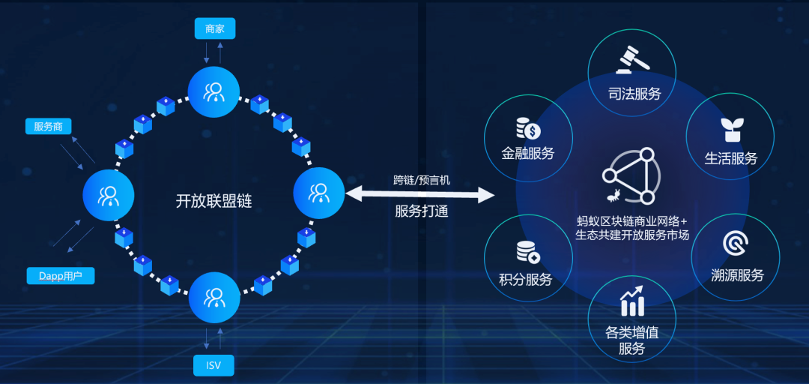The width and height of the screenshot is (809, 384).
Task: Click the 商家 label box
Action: click(215, 29)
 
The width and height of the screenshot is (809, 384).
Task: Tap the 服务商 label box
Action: click(49, 127)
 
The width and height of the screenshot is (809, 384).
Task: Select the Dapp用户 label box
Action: click(61, 276)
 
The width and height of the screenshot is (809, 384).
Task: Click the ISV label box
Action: click(213, 365)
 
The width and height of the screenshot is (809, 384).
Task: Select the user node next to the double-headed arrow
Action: click(319, 193)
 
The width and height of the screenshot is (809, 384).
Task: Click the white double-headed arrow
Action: click(420, 195)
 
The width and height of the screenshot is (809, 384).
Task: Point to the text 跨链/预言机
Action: click(422, 180)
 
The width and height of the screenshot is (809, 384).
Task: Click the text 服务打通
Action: click(422, 211)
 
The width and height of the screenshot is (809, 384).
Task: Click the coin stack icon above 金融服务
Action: click(528, 129)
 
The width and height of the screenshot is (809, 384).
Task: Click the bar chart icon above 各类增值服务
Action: click(632, 301)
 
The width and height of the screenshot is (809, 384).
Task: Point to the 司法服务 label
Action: click(634, 94)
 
